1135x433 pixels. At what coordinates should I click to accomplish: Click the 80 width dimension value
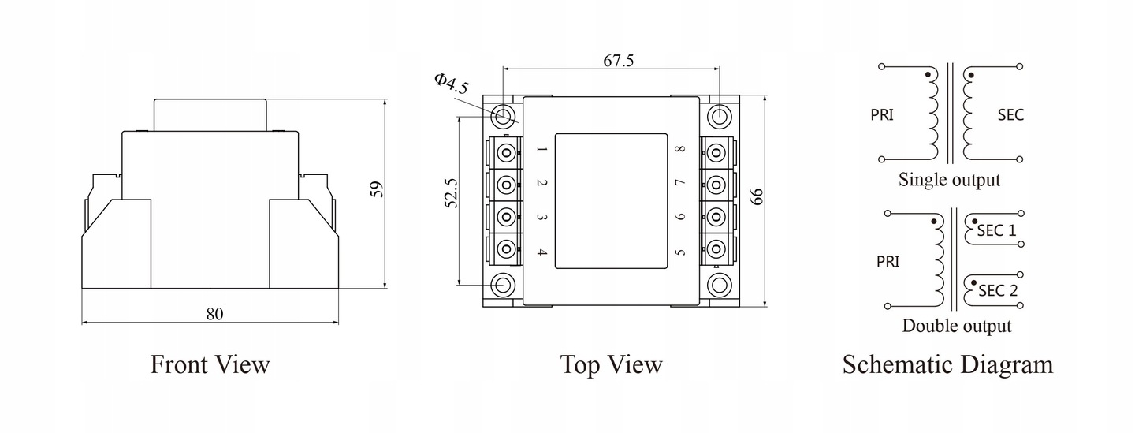(x=214, y=315)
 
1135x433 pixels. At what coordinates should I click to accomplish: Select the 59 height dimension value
(x=377, y=189)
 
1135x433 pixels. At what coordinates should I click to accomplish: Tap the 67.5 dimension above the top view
(x=618, y=61)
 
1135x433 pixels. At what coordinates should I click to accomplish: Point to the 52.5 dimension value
(x=451, y=193)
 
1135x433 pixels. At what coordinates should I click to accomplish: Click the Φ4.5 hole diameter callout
(x=451, y=84)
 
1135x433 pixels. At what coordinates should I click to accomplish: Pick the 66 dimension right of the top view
(x=757, y=197)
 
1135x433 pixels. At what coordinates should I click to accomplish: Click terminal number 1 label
(x=541, y=149)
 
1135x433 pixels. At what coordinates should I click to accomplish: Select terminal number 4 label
(x=541, y=252)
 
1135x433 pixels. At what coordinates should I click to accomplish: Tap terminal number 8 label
(x=680, y=148)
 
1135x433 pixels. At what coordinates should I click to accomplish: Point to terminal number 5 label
(x=680, y=252)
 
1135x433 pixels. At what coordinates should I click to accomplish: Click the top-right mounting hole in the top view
(x=720, y=116)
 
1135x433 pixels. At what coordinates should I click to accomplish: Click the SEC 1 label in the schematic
(x=996, y=230)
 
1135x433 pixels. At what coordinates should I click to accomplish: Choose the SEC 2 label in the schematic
(x=998, y=290)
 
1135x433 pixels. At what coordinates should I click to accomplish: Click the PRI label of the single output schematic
(x=882, y=115)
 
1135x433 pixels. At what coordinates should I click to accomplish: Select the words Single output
(x=949, y=180)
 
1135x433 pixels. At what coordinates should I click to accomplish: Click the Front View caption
(x=210, y=364)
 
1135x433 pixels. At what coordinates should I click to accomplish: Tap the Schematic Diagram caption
(x=947, y=364)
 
